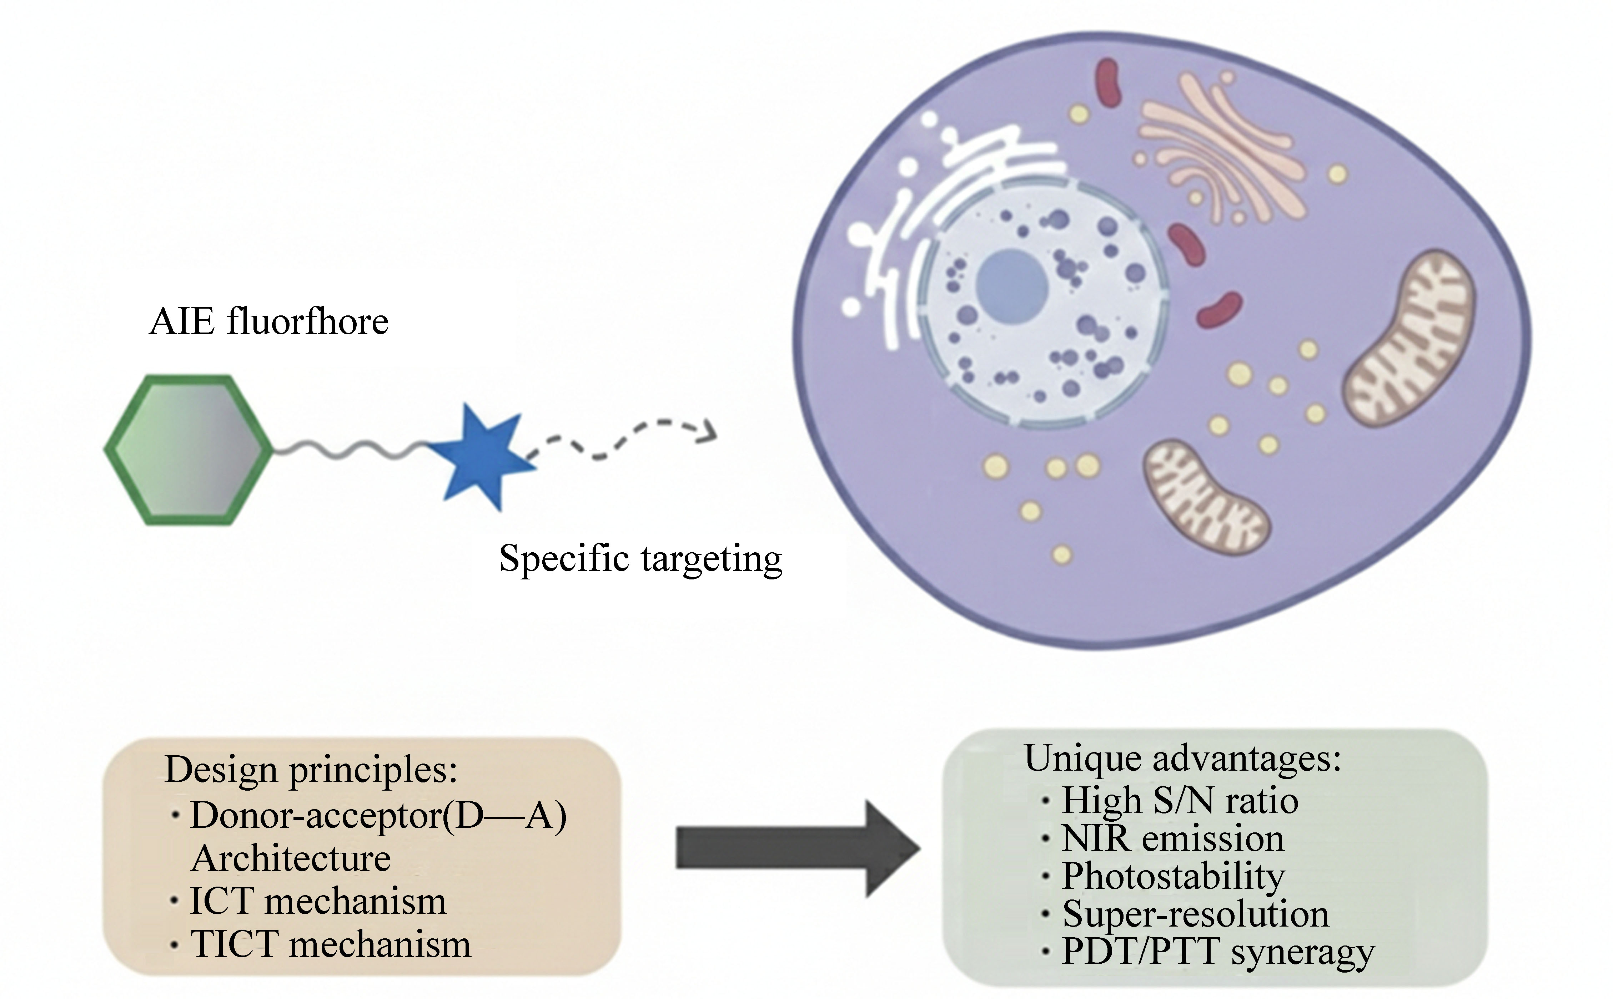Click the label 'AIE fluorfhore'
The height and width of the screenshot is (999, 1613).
click(269, 323)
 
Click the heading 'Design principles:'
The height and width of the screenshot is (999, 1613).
click(311, 770)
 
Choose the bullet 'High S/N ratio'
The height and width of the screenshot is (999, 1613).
click(1180, 801)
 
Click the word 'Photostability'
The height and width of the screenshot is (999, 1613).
click(1174, 877)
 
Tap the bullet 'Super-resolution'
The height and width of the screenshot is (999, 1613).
click(1195, 914)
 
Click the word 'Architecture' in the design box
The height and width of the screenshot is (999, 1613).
click(291, 858)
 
